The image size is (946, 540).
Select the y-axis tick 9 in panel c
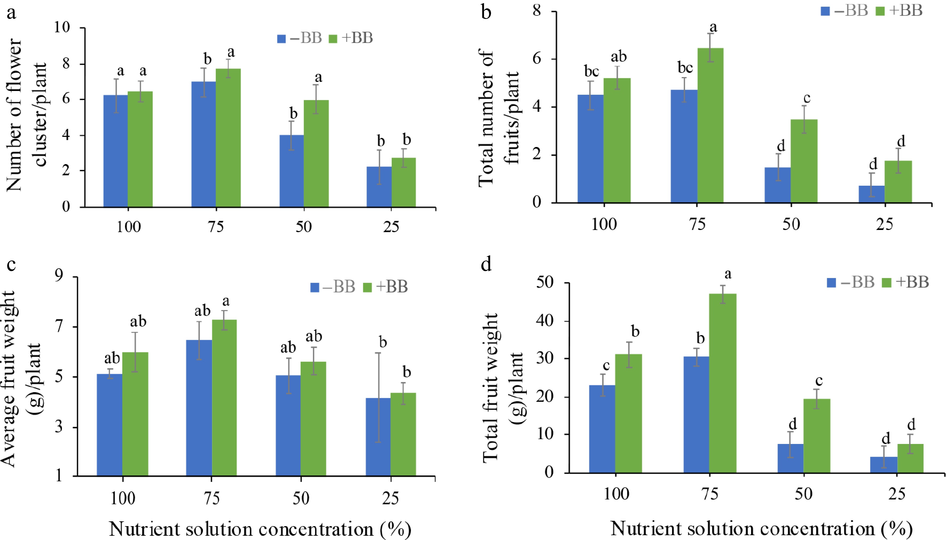[59, 277]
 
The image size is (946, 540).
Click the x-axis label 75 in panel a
[216, 227]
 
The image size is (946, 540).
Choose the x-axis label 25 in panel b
[885, 224]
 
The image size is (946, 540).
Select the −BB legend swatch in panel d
[831, 283]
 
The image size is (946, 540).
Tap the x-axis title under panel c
[260, 529]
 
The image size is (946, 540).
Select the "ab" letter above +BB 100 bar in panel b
[618, 57]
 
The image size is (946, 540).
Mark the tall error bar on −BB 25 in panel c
[378, 397]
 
